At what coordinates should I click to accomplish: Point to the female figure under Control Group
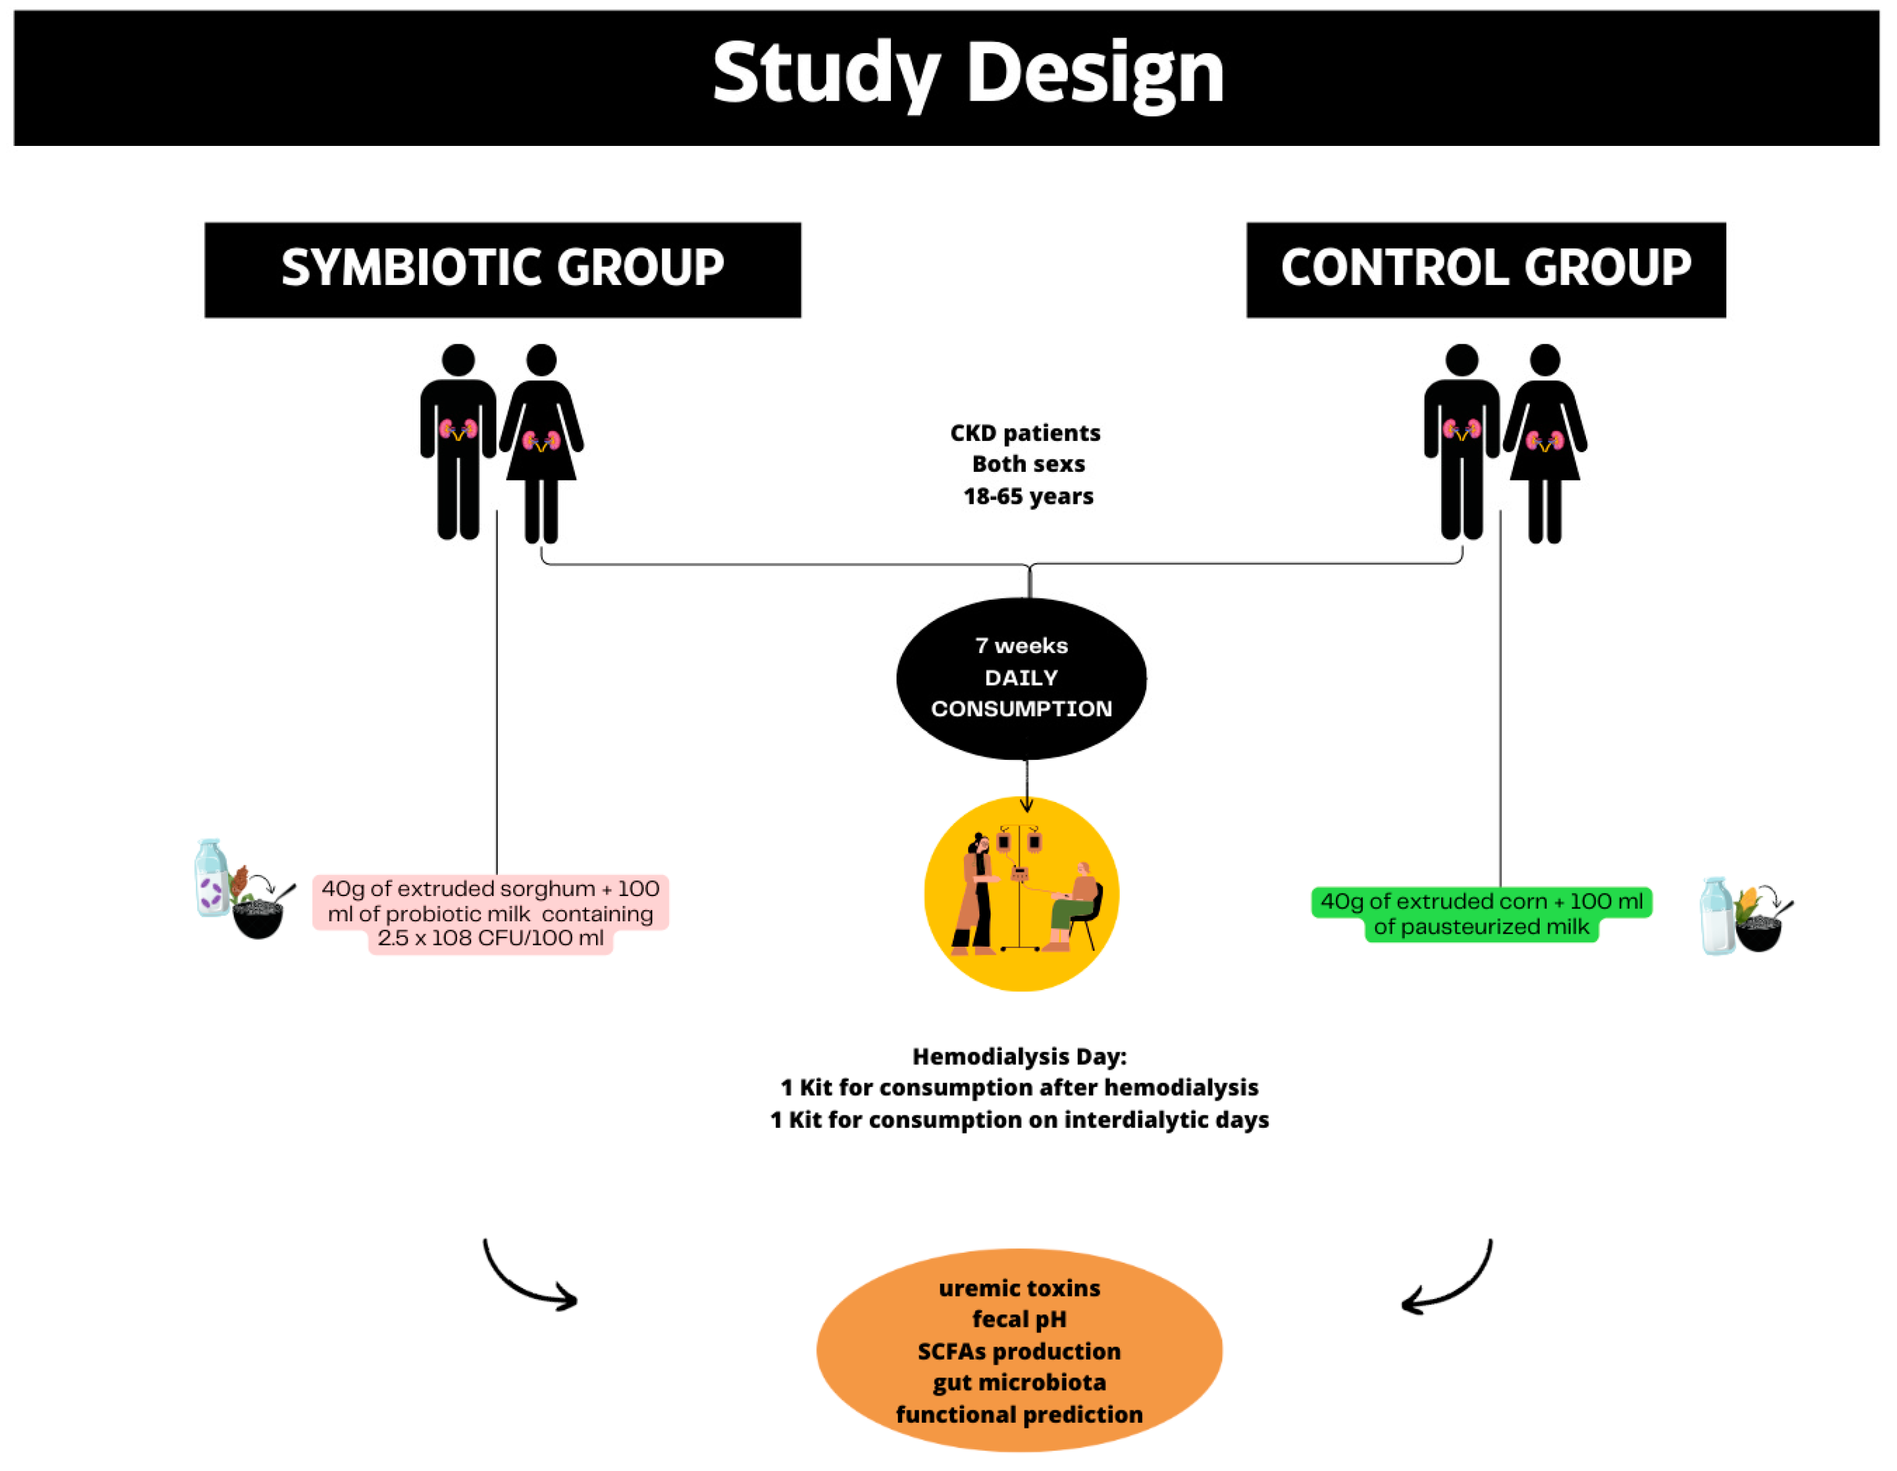1545,443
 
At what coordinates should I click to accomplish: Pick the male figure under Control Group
1461,443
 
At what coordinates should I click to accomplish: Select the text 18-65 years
1028,496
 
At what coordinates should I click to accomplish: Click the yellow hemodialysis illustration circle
1021,893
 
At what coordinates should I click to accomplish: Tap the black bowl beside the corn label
1758,934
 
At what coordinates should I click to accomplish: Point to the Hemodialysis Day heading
1019,1056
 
